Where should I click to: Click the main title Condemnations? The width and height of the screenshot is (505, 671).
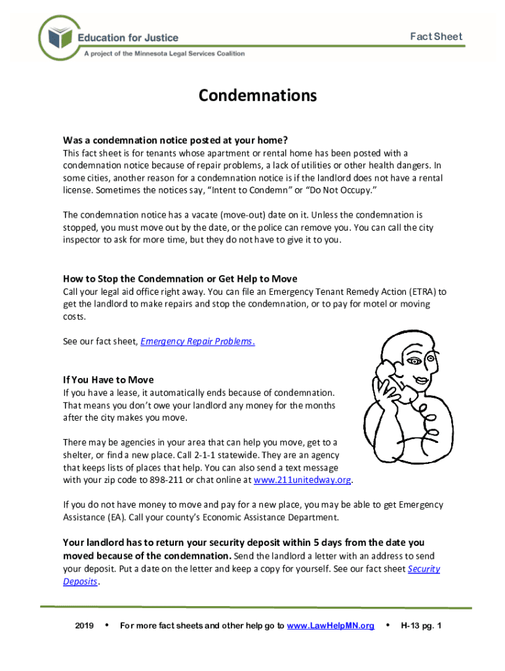[x=258, y=96]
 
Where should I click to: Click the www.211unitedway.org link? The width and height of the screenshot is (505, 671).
[x=302, y=480]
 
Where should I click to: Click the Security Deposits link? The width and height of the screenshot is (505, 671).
[x=424, y=569]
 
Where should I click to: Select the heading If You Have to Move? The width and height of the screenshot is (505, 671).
[x=108, y=380]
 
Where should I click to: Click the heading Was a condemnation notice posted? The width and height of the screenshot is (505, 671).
[x=175, y=140]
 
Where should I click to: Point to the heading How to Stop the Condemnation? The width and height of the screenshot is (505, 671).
[x=180, y=278]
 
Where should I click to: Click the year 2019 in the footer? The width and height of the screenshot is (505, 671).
[x=85, y=626]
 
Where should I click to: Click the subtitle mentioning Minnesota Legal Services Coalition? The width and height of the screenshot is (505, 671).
[x=164, y=54]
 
